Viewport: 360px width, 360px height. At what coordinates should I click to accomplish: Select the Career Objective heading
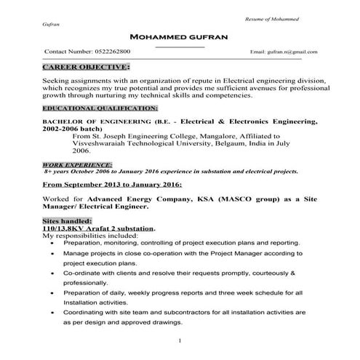tap(80, 68)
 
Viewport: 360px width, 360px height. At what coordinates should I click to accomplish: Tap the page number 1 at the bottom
tap(179, 340)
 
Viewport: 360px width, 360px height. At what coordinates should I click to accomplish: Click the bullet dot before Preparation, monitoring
tap(51, 244)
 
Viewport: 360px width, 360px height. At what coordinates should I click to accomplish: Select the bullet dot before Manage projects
tap(51, 256)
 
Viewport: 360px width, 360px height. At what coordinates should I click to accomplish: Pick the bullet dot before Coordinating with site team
tap(51, 312)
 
